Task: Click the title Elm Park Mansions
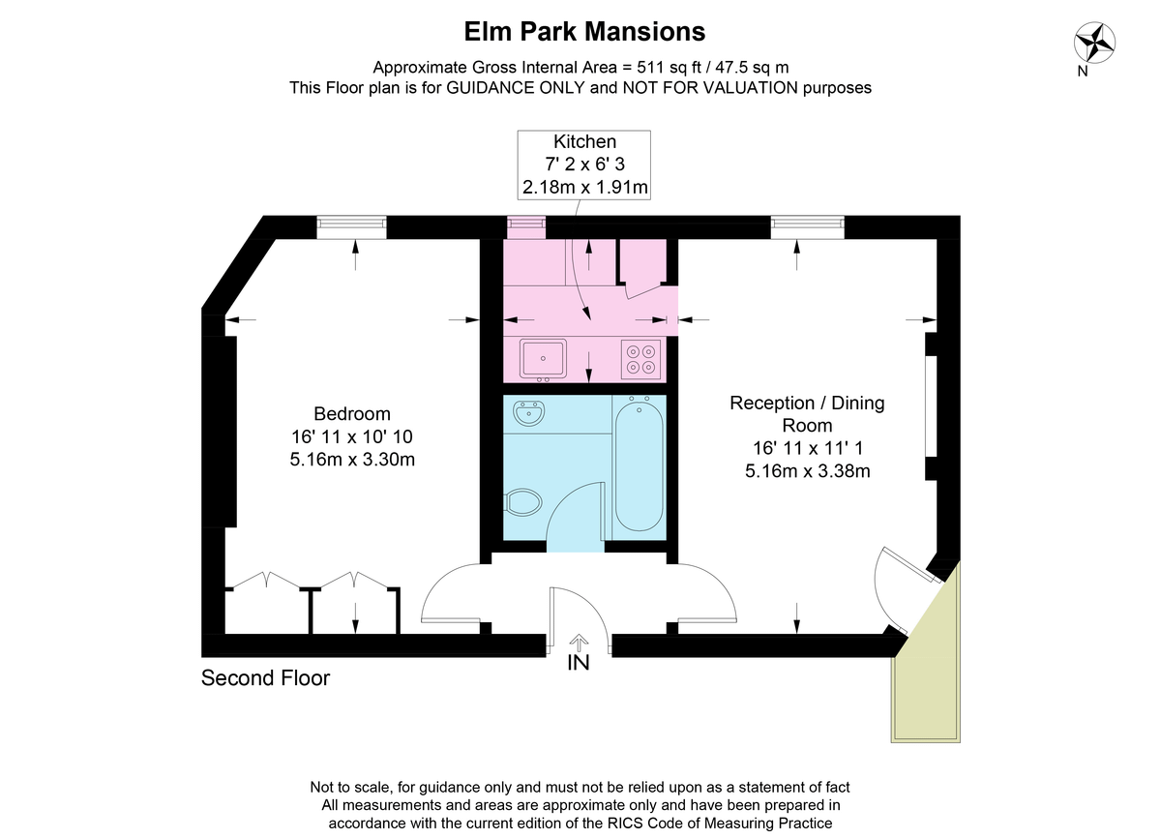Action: coord(584,32)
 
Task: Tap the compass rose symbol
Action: coord(1093,43)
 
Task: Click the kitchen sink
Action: coord(543,358)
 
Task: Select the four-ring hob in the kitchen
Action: coord(641,359)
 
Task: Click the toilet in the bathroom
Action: coord(523,502)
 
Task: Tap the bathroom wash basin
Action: coord(528,413)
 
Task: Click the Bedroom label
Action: coord(352,414)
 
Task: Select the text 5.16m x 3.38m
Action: coord(808,471)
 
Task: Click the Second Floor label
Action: coord(265,678)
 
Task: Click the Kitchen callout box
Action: coord(584,165)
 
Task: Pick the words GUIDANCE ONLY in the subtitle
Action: coord(516,88)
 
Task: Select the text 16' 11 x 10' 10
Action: coord(352,436)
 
